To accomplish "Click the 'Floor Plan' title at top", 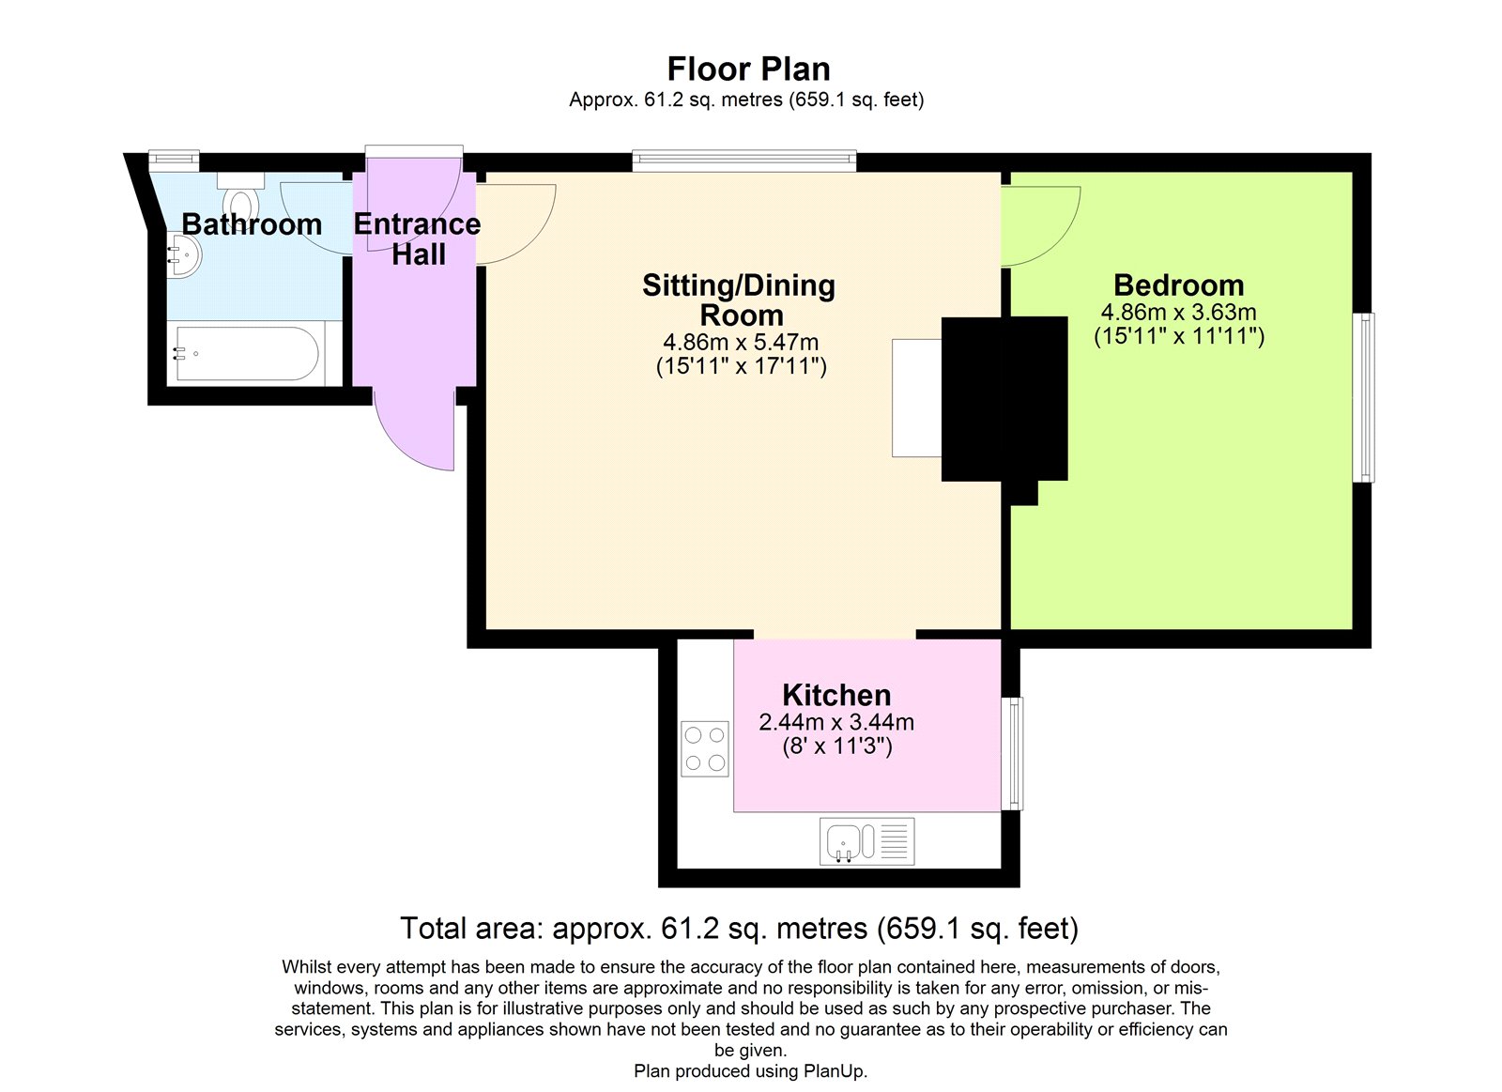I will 748,69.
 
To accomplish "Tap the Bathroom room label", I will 251,224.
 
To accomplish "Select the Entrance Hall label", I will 417,238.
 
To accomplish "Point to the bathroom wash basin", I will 184,254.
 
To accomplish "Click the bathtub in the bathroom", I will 246,354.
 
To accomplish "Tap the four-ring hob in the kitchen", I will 704,748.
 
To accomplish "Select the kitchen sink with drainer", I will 866,841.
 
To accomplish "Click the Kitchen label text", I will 836,695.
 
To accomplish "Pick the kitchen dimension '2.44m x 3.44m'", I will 836,722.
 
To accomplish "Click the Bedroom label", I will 1178,285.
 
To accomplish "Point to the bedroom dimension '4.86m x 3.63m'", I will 1178,312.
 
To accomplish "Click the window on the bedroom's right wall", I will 1363,397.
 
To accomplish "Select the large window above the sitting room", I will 743,161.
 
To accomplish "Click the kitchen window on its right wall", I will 1012,753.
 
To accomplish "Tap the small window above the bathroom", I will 175,161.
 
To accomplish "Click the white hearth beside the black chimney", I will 916,398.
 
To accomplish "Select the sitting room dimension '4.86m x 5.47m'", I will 741,342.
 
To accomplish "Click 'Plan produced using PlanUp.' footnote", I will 750,1071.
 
